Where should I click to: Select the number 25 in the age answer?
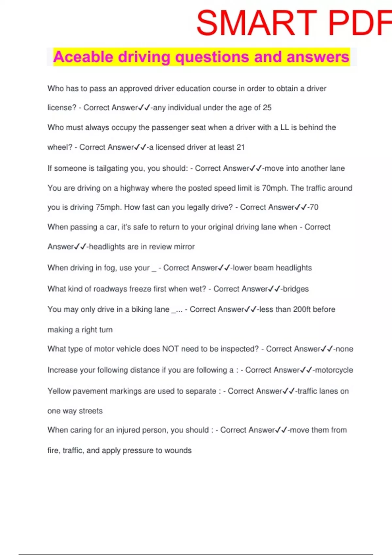point(267,108)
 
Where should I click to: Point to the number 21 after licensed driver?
point(240,147)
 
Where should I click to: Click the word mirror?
point(184,247)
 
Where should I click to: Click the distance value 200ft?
point(302,309)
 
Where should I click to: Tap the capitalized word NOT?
point(171,349)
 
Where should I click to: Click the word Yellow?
point(59,391)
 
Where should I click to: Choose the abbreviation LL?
point(285,127)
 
